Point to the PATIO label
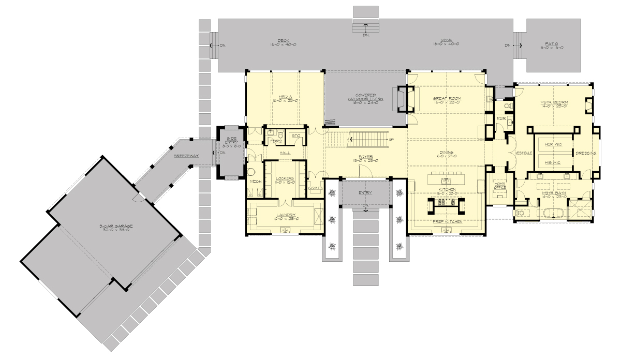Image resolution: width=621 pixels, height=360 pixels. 551,44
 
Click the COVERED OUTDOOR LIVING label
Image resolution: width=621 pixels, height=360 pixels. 365,98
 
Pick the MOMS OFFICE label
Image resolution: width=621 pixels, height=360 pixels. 499,186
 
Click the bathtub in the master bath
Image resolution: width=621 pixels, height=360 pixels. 551,213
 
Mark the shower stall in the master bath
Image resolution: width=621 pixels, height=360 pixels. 580,212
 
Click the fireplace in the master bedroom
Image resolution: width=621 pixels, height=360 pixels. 588,106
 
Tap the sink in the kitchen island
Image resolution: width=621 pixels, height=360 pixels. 445,181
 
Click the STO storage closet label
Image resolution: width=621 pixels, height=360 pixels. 296,136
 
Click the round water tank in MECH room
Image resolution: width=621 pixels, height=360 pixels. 253,172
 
